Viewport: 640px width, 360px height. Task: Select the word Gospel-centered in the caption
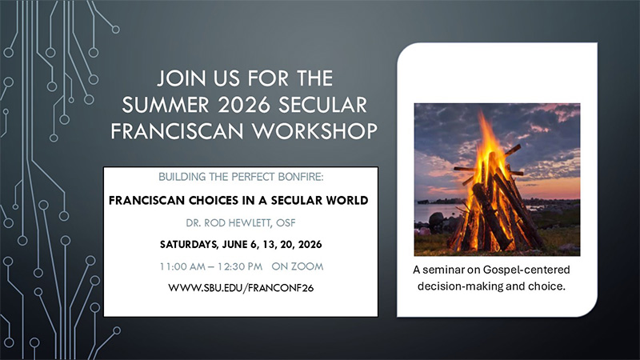(x=527, y=270)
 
